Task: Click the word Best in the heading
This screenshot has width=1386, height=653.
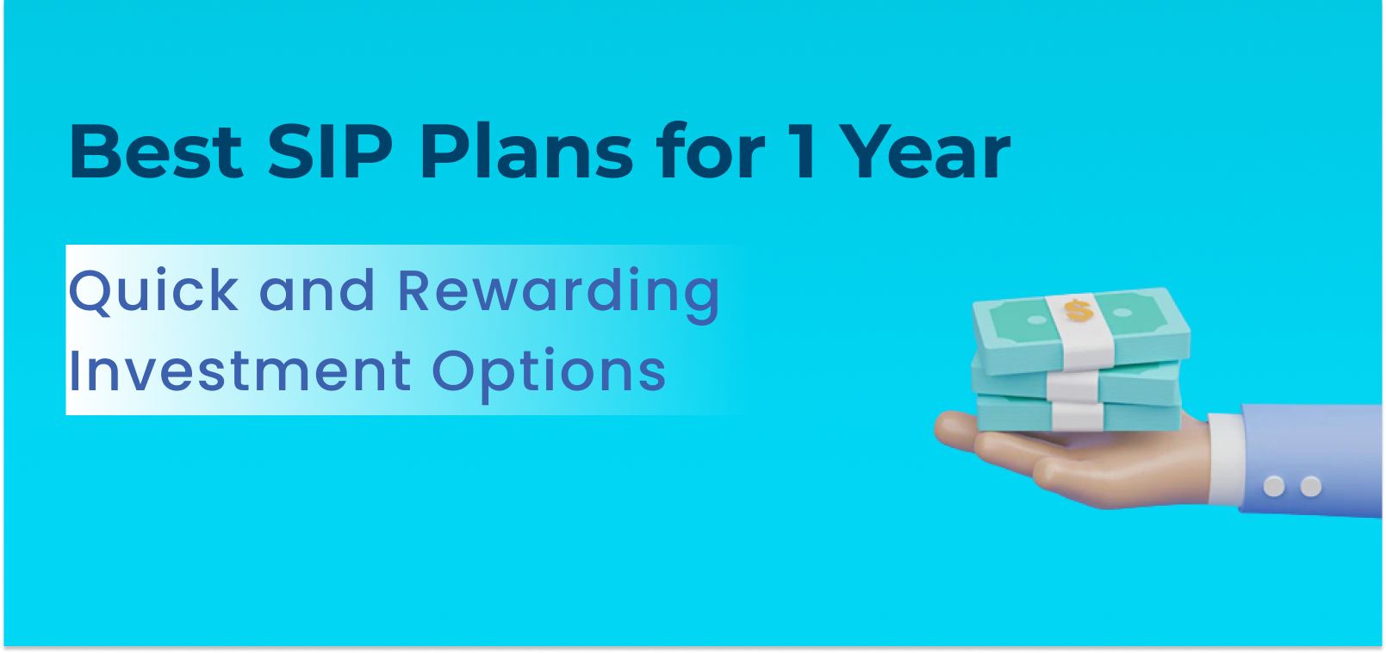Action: coord(155,152)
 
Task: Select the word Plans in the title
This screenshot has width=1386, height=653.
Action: coord(526,152)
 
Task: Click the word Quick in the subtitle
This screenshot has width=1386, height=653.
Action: coord(153,291)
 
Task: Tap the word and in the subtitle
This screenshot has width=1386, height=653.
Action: coord(317,291)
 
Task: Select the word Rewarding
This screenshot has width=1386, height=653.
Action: coord(558,291)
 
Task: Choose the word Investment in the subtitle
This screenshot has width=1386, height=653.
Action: coord(239,370)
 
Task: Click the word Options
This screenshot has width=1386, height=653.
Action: coord(550,370)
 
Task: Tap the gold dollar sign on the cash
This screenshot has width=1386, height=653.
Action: coord(1076,309)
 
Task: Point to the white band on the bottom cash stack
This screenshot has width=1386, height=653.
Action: coord(1077,416)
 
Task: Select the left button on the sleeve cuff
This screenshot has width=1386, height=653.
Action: coord(1274,487)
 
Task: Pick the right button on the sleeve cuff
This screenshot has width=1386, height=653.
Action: coord(1310,487)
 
